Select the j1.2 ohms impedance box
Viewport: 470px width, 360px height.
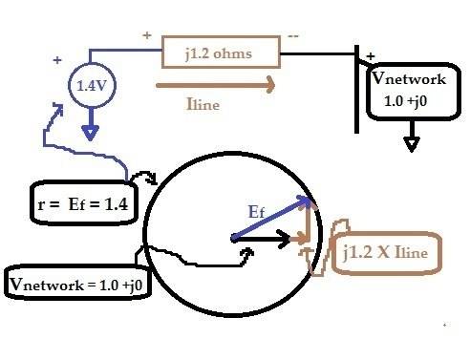pos(221,53)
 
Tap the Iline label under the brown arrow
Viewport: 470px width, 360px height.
pos(203,105)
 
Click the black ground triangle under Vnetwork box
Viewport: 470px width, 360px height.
pos(411,143)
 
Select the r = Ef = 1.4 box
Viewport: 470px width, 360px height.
pos(84,204)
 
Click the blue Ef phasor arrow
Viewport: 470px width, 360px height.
pos(272,219)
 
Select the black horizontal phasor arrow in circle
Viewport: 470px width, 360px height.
pos(264,240)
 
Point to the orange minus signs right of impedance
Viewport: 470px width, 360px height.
pos(291,35)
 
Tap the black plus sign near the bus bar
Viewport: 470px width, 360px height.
pos(371,56)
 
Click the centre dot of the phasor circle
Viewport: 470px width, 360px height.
pos(233,239)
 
